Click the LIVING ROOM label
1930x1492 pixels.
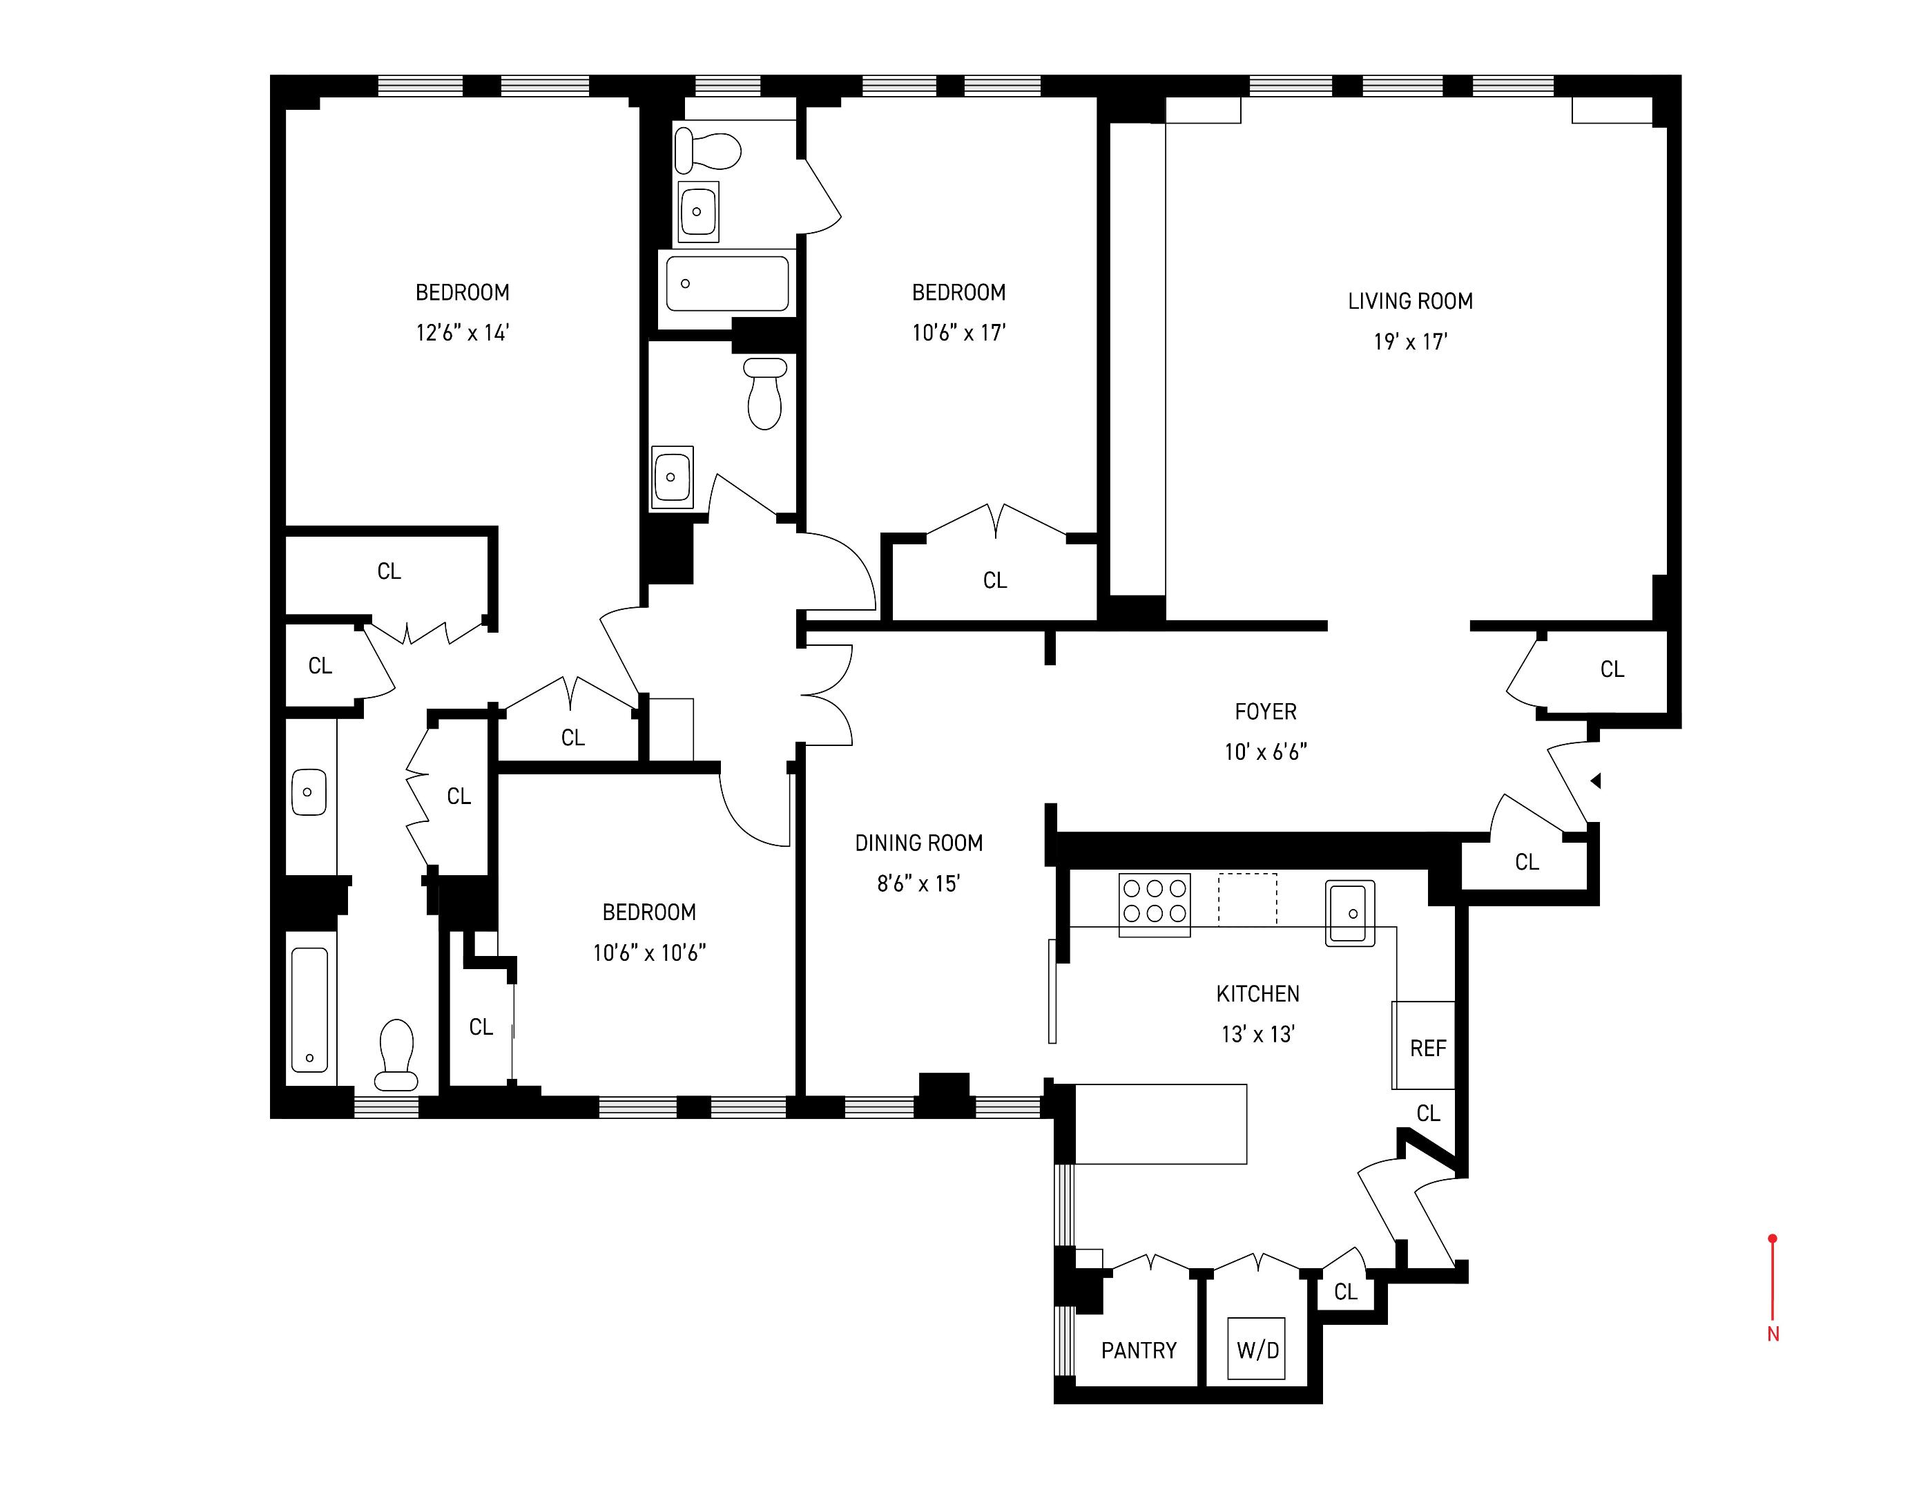pos(1409,301)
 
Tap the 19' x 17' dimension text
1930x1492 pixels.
pos(1409,341)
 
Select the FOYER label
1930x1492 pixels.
pos(1266,711)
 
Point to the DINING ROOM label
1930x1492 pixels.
pos(918,843)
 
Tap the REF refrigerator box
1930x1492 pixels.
pos(1427,1049)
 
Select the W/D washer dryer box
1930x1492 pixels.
pos(1257,1350)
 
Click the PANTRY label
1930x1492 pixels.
pos(1138,1350)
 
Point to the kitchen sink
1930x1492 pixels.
pos(1350,913)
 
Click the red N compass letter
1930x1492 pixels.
pos(1773,1335)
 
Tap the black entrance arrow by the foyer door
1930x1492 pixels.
pos(1596,781)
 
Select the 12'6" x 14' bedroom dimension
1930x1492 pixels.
pos(462,333)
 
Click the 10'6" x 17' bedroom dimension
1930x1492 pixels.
pos(959,333)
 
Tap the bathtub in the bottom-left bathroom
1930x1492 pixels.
pos(309,1009)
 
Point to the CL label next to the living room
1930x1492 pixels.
pos(1612,669)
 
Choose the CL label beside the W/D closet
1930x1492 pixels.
pos(1345,1292)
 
